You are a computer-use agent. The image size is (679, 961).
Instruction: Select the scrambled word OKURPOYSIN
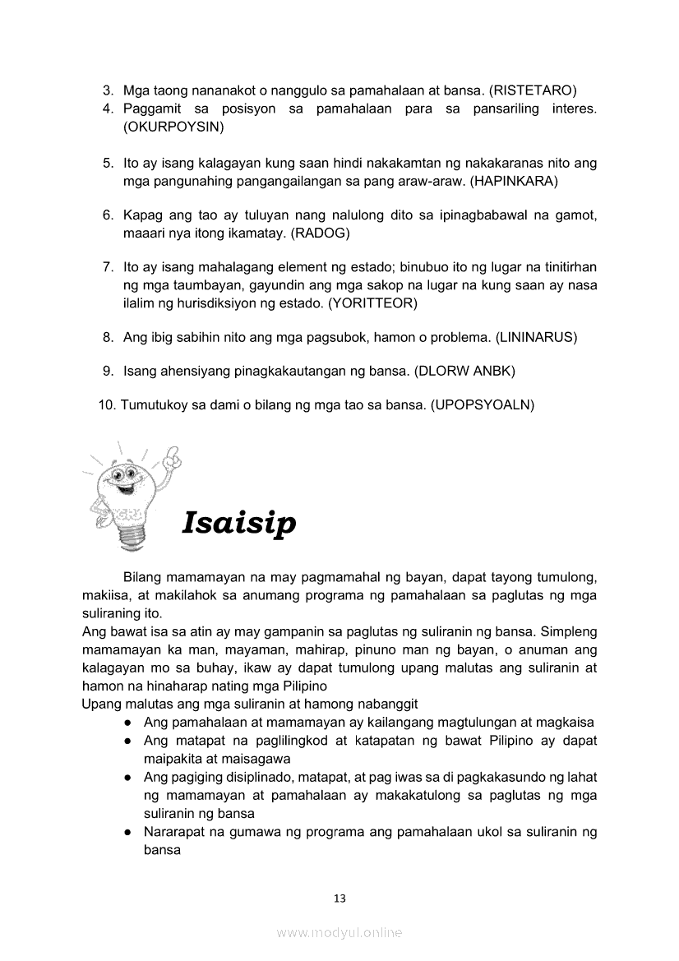(173, 127)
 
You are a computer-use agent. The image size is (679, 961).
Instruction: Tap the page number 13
(339, 899)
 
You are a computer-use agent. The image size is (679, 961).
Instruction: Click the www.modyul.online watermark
(339, 933)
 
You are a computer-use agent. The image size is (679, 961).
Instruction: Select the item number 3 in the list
(107, 90)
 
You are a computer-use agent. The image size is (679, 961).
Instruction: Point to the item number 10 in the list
(105, 404)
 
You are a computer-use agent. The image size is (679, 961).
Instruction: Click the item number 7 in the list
(107, 267)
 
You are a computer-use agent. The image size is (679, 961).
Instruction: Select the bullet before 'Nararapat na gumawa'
(130, 833)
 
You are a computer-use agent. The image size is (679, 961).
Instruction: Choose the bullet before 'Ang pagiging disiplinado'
(130, 777)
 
